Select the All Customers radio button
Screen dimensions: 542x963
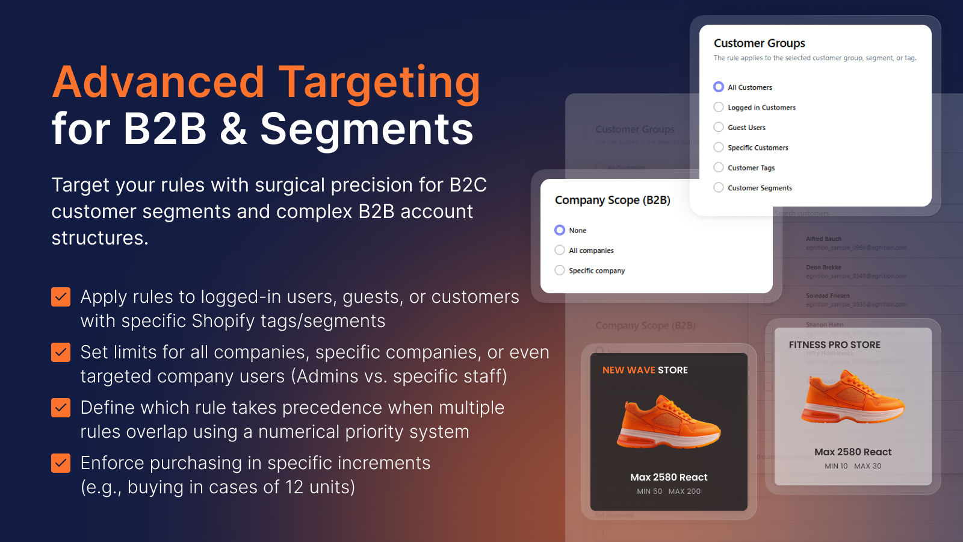coord(719,87)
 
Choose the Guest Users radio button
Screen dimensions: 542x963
coord(719,127)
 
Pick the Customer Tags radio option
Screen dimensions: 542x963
coord(719,167)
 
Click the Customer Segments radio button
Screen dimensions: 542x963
coord(719,187)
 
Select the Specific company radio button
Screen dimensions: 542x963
coord(560,270)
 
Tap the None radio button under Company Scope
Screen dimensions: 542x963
coord(560,230)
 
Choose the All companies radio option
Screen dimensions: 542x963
coord(560,250)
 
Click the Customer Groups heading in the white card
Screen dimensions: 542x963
coord(759,43)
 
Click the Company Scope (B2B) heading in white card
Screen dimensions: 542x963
coord(612,200)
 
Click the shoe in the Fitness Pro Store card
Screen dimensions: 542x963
coord(852,397)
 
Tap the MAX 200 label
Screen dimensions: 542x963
coord(684,491)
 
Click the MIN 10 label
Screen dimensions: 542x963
coord(835,466)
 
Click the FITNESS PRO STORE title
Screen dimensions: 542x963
coord(834,345)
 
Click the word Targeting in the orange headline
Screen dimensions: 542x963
coord(379,82)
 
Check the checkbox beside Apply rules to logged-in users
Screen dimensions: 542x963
coord(61,297)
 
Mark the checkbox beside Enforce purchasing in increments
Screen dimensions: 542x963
coord(61,463)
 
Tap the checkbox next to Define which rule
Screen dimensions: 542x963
coord(61,408)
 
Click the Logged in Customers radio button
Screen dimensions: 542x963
coord(719,107)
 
